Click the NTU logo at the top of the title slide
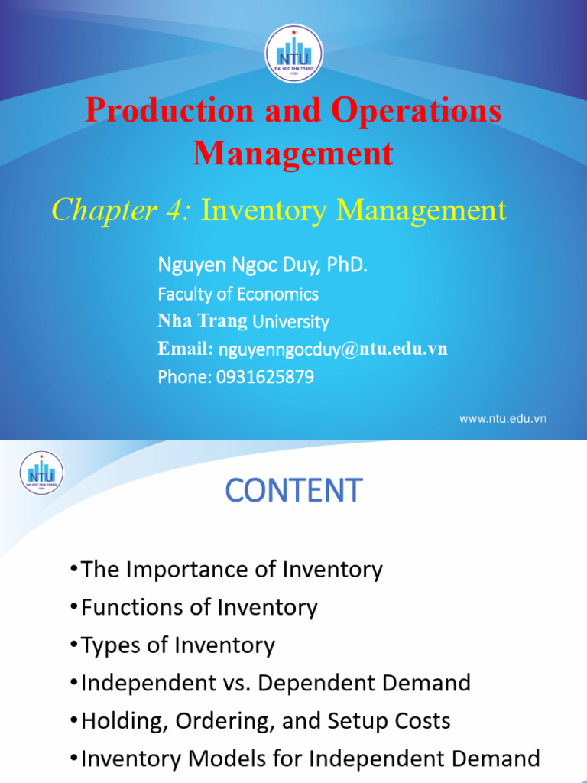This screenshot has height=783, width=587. [x=293, y=54]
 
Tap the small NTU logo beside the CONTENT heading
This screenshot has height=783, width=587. [x=41, y=473]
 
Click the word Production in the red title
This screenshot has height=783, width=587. [x=168, y=110]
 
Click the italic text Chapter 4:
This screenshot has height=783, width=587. [x=122, y=210]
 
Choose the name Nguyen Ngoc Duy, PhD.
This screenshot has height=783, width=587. [x=263, y=265]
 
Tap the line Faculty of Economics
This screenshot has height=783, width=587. [x=238, y=294]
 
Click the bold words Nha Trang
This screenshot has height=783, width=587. [x=203, y=321]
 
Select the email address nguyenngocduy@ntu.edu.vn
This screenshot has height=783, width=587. [x=333, y=349]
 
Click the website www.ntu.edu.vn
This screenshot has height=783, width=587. [x=502, y=418]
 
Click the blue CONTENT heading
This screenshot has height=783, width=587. [x=293, y=491]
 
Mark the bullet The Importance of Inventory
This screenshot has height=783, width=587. [x=232, y=570]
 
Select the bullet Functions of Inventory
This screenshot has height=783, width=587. [x=199, y=608]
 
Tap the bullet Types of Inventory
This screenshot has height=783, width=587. [x=177, y=645]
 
